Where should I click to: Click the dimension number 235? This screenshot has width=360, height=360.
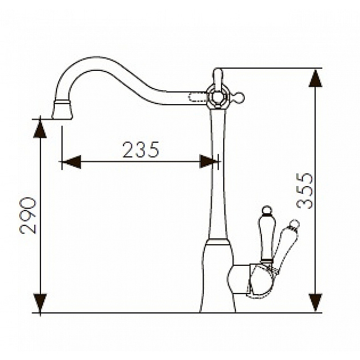point(141,150)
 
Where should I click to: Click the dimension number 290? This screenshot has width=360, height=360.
point(28,215)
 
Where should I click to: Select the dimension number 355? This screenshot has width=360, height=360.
point(305,191)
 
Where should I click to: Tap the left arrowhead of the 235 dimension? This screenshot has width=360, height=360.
point(71,162)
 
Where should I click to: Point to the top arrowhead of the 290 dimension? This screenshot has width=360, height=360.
point(40,129)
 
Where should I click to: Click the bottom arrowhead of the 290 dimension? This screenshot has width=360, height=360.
point(40,302)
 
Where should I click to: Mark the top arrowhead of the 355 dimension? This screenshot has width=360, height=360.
point(316,78)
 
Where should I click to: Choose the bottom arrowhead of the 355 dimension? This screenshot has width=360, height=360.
point(316,302)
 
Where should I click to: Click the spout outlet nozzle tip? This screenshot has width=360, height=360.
point(62,110)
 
